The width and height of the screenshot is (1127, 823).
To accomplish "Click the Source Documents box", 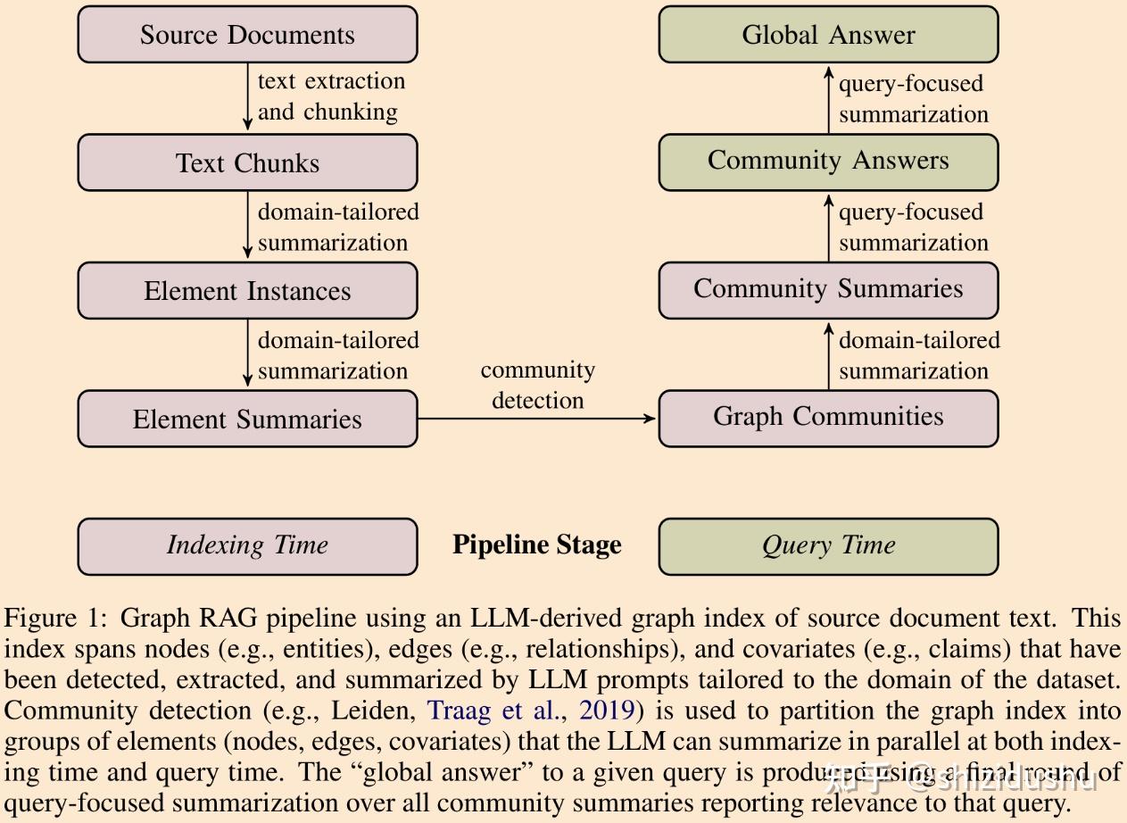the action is click(247, 34).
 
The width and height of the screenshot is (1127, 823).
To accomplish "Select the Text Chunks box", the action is click(247, 162).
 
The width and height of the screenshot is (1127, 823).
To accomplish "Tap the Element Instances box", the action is click(247, 290).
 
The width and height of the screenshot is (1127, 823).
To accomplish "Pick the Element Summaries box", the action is click(247, 419).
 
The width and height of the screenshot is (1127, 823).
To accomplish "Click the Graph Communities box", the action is click(829, 419).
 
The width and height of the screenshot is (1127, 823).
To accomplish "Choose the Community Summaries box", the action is click(829, 290).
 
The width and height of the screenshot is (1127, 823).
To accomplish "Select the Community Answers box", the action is click(829, 162).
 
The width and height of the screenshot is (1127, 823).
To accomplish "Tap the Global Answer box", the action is click(829, 34).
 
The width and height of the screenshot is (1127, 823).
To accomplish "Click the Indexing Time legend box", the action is click(247, 546).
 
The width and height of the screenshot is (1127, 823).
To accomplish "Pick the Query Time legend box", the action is click(829, 546).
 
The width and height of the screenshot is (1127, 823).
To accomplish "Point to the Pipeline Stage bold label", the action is click(537, 545).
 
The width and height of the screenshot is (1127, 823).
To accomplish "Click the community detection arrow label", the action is click(538, 385).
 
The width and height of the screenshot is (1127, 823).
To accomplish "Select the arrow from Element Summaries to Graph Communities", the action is click(537, 419).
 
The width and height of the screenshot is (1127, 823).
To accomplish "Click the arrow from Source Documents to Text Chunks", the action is click(247, 96).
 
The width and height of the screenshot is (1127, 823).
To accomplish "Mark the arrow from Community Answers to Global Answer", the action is click(829, 100).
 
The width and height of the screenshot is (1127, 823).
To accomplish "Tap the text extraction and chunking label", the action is click(332, 96).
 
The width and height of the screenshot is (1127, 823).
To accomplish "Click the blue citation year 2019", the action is click(607, 711).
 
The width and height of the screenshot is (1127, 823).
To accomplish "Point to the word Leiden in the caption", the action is click(372, 711).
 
